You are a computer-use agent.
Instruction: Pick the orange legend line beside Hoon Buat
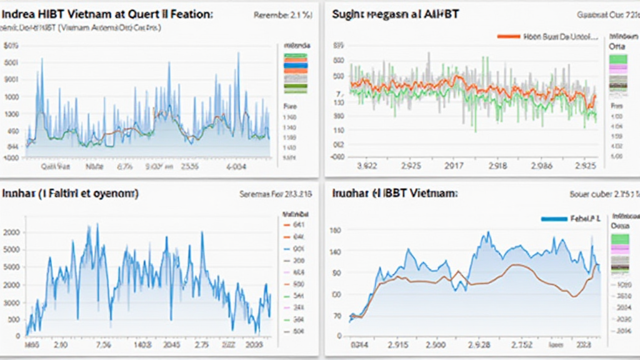point(508,36)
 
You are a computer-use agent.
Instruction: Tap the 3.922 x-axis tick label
point(366,166)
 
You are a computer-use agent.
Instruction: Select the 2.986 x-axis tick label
point(541,166)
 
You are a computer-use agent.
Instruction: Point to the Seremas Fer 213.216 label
point(274,194)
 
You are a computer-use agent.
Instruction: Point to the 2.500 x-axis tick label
point(437,344)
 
